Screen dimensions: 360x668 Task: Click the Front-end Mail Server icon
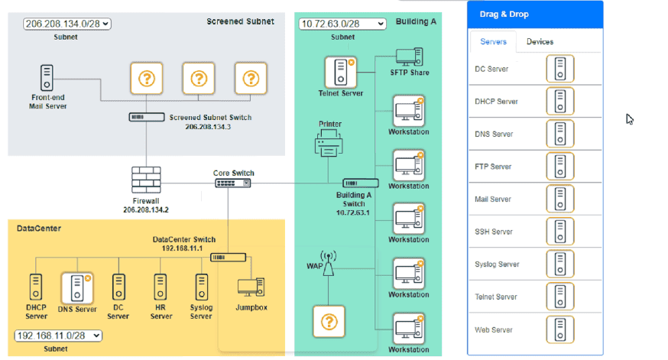point(47,78)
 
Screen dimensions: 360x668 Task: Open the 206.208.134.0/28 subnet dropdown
point(66,24)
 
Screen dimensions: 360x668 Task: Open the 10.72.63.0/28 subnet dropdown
point(342,24)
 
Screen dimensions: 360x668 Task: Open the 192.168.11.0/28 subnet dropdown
point(58,336)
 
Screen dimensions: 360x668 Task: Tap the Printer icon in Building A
point(327,143)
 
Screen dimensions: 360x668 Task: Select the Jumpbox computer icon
point(251,287)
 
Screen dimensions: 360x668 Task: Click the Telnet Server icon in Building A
point(340,72)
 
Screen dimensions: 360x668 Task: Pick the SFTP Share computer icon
point(409,57)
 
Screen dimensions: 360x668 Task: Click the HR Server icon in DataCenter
point(160,287)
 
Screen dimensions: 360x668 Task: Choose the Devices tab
point(540,41)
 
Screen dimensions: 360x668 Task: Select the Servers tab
point(493,41)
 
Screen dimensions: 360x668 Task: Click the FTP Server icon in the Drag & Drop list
point(560,167)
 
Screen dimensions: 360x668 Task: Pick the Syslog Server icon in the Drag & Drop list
point(560,264)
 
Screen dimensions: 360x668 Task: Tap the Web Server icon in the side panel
point(560,330)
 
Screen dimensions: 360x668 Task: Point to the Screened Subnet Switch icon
point(145,117)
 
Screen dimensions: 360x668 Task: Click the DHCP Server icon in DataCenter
point(35,287)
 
